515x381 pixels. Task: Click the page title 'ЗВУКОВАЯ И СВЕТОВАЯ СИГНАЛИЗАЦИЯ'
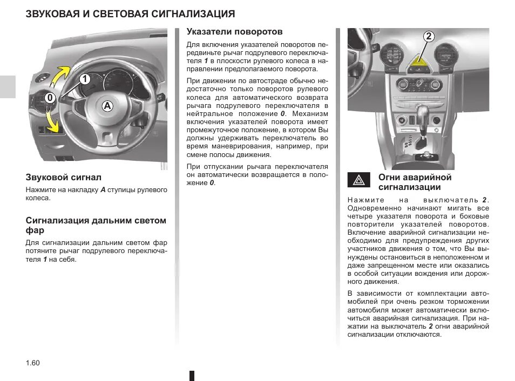click(x=130, y=13)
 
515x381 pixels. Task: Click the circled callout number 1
click(x=84, y=79)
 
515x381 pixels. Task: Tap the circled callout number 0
click(x=50, y=98)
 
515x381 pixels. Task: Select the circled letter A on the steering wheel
click(x=107, y=106)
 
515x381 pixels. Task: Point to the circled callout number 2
click(x=428, y=37)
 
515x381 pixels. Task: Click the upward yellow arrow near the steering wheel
click(x=61, y=74)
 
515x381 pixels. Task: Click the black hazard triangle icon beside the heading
click(x=358, y=180)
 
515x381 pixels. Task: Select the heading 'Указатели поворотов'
click(x=234, y=32)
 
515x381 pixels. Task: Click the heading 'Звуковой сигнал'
click(x=64, y=177)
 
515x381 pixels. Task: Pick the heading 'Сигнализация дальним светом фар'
click(x=96, y=225)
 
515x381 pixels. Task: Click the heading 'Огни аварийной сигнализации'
click(x=415, y=182)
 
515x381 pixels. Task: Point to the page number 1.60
click(x=33, y=363)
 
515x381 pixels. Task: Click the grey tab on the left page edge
click(x=8, y=86)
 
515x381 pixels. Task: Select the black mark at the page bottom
click(x=191, y=375)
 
